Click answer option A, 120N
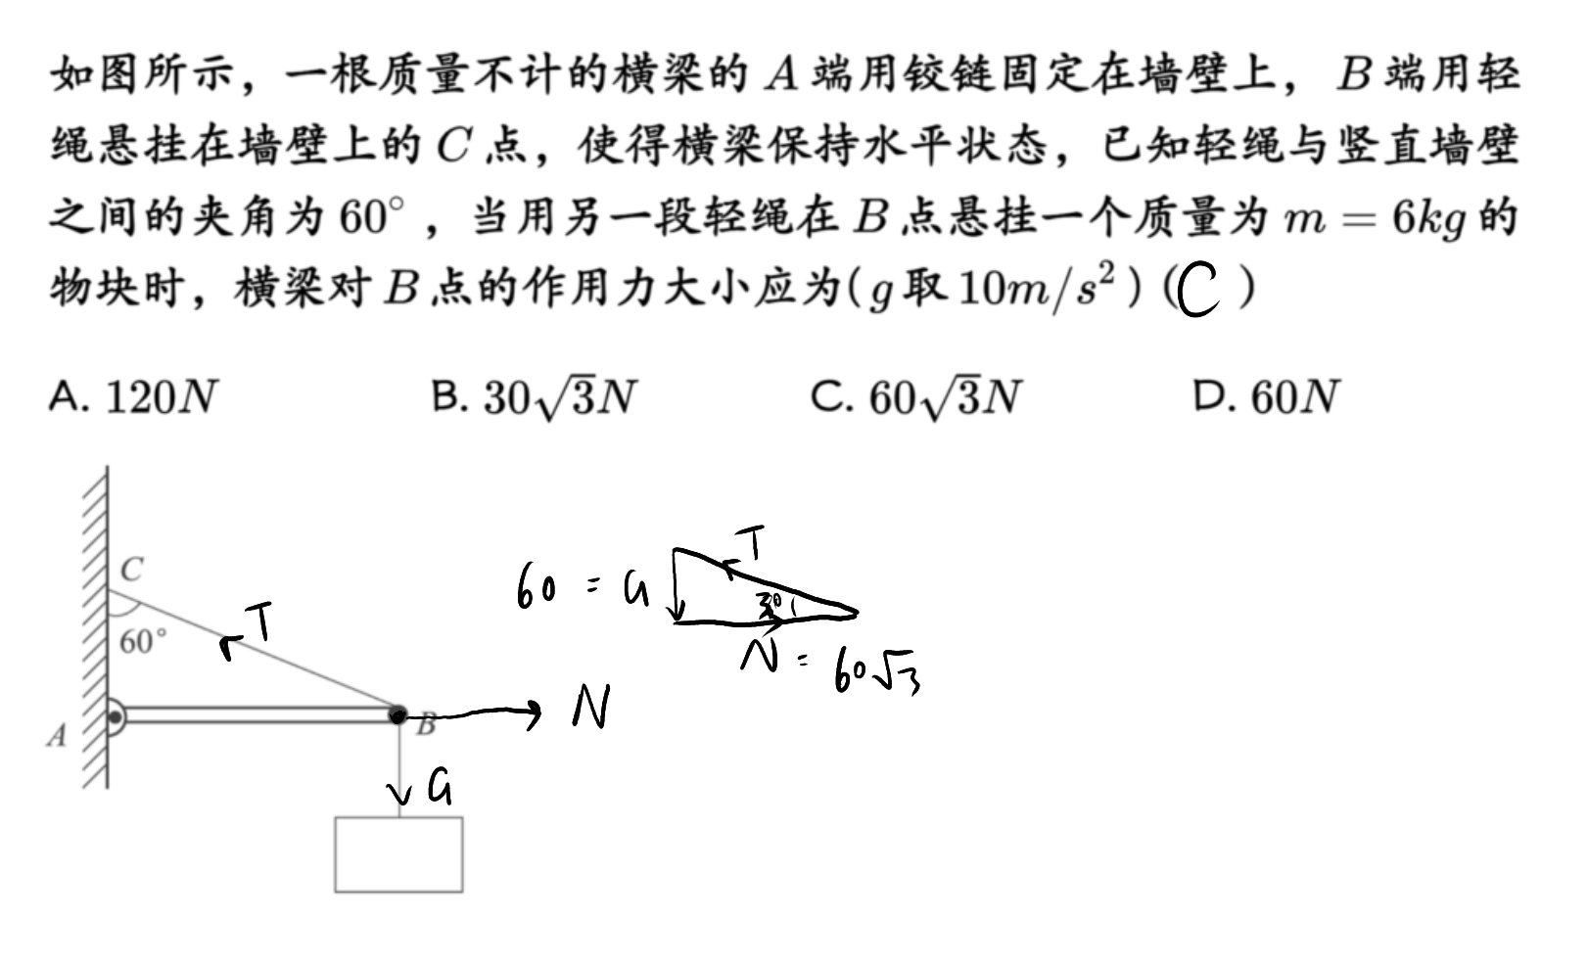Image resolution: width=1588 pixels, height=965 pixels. point(133,396)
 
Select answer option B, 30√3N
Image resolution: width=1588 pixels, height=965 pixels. point(535,397)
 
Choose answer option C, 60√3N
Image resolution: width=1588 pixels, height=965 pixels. point(916,397)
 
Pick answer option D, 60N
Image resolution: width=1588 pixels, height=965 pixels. point(1266,396)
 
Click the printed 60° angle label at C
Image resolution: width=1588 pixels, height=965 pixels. point(143,641)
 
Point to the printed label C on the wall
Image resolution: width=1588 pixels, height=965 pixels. point(132,569)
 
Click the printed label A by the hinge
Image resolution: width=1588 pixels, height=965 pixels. point(58,735)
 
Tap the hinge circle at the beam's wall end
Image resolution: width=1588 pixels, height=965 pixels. point(115,717)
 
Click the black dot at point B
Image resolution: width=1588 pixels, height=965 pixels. point(397,714)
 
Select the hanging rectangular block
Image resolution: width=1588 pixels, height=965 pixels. point(399,854)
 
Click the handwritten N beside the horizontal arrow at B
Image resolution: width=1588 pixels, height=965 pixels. point(592,706)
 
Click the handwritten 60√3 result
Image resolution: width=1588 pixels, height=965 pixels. point(877,668)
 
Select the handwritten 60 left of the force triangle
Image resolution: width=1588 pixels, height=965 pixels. point(536,586)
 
